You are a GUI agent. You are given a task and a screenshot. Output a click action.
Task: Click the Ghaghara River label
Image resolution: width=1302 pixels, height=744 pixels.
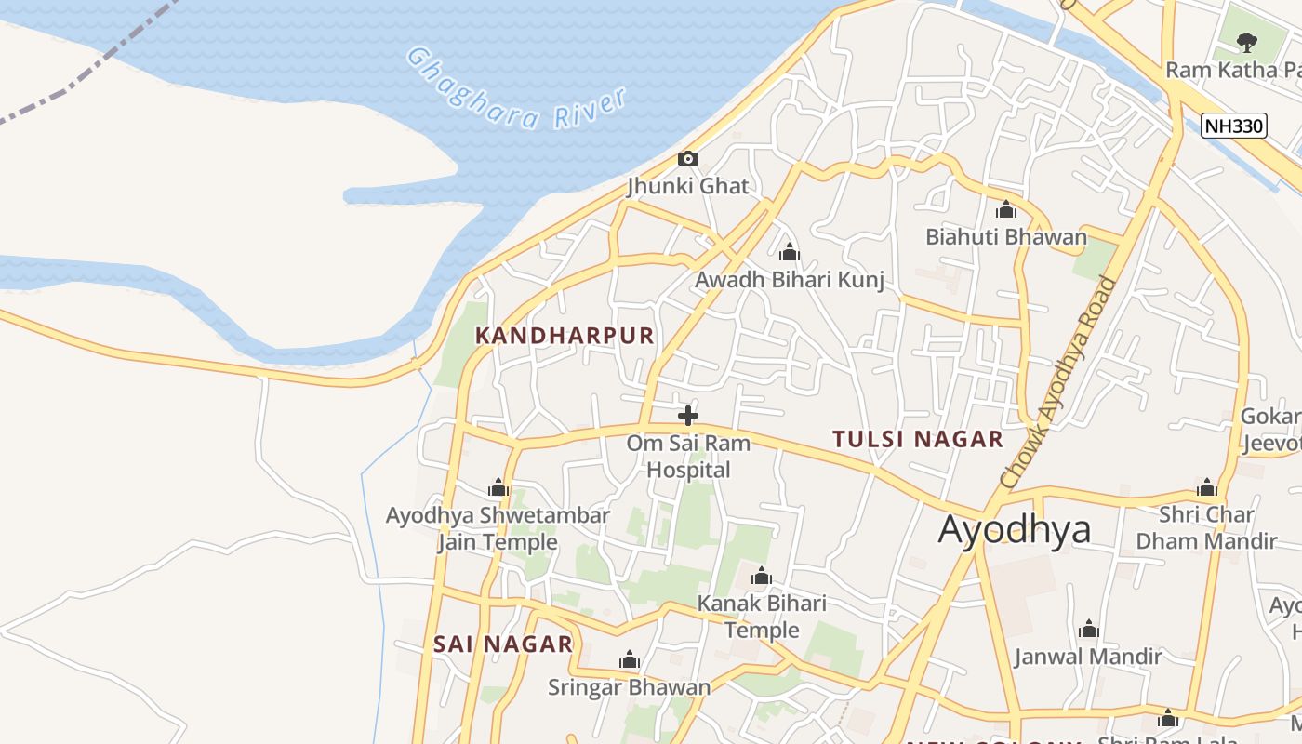(516, 90)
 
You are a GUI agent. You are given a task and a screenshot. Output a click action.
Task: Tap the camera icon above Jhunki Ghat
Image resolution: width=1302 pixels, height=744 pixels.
(688, 158)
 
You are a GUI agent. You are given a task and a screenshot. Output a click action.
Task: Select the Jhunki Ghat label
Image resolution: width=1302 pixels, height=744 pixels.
(688, 186)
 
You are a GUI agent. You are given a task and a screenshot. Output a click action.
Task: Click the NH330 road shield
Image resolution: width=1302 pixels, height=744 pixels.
(1234, 126)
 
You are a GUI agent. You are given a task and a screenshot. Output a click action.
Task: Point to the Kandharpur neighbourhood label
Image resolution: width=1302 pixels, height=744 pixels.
(565, 336)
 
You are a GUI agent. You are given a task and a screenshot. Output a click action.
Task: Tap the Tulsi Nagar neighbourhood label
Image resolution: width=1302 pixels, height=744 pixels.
(917, 439)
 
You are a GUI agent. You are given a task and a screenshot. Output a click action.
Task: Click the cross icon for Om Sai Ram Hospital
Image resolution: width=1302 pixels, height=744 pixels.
(688, 415)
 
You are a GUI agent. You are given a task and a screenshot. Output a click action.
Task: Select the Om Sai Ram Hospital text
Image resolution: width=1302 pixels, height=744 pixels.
(688, 457)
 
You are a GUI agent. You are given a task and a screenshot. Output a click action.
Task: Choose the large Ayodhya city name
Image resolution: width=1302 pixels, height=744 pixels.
(1014, 529)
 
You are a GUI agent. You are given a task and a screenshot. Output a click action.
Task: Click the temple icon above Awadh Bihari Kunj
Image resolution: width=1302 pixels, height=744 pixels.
(790, 252)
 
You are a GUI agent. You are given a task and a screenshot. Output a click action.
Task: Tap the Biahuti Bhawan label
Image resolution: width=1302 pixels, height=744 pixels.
(1006, 237)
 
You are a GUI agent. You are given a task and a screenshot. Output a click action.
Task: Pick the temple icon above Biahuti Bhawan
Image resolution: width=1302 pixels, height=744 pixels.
(1006, 210)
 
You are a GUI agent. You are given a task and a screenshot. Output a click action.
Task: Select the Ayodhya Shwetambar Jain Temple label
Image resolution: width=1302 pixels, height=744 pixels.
(498, 528)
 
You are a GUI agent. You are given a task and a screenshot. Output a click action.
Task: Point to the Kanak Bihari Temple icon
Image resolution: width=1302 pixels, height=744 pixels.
(762, 577)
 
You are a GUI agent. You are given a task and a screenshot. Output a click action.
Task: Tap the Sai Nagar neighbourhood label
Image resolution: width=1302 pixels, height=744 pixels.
(503, 644)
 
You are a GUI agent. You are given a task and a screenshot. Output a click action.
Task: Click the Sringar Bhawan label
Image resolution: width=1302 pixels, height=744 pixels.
(630, 687)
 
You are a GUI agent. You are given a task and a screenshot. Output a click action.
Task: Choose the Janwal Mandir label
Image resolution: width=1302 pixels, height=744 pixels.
(1088, 657)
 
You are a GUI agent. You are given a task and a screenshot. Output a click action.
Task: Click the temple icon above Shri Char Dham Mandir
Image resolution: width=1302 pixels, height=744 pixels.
(1207, 487)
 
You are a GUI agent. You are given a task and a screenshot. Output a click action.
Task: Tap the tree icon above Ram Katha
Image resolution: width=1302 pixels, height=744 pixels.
(1247, 42)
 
